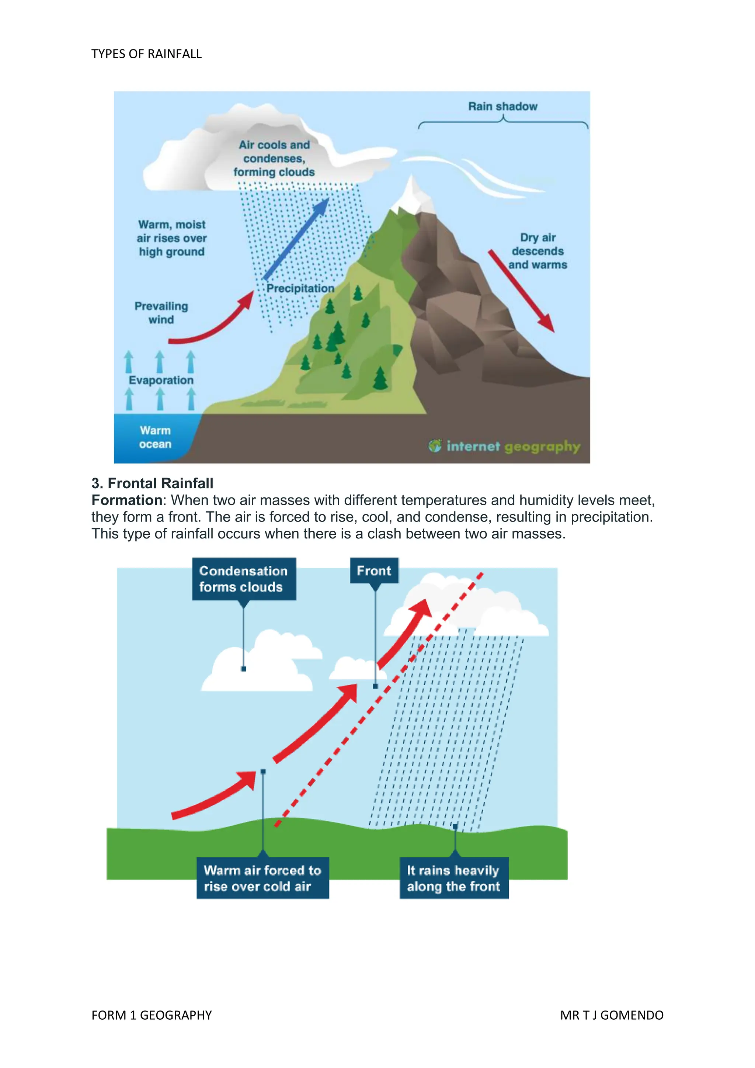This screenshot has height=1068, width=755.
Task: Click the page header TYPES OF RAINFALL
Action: pos(146,54)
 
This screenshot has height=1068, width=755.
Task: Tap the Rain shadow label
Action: pos(502,107)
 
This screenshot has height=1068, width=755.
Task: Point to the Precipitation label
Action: pos(300,288)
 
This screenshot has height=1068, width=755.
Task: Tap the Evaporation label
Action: pos(161,380)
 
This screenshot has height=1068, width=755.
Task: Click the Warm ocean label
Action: pos(155,437)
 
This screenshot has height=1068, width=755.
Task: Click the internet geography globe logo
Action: pos(435,446)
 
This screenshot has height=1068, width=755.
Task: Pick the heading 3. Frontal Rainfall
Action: pos(153,483)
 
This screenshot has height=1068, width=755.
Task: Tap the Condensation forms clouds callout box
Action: pos(244,579)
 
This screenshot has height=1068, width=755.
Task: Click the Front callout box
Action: pos(374,571)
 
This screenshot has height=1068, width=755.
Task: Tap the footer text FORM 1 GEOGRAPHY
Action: pos(152,1015)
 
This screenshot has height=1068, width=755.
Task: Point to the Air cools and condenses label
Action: pos(274,159)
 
